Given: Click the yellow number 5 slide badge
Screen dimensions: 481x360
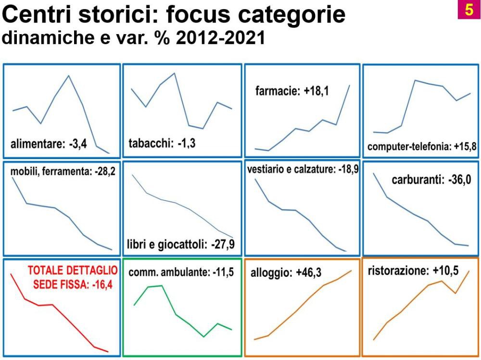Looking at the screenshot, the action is click(468, 10).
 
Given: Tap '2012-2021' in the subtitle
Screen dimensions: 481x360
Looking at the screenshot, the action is click(220, 37).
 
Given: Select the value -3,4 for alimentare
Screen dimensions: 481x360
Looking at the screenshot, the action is click(78, 144).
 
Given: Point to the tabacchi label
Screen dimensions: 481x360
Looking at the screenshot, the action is click(150, 143).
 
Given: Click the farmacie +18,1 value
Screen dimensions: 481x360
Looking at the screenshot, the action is click(316, 91).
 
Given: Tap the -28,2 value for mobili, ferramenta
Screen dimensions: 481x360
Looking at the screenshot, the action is click(105, 171).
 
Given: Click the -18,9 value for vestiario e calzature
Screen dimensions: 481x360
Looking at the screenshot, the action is click(348, 169).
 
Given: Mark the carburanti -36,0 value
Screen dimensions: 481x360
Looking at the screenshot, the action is click(459, 180).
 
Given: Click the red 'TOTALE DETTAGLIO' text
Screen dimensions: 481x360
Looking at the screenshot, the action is click(73, 270).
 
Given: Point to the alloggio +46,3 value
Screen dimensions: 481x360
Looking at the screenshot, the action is click(309, 273).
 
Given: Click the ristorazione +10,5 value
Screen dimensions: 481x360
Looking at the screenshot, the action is click(446, 271).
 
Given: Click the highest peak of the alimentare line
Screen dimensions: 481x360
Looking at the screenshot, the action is click(68, 76).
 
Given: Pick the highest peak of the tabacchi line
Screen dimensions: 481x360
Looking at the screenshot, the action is click(174, 73).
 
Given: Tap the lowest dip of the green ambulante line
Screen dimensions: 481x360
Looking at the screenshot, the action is click(203, 337).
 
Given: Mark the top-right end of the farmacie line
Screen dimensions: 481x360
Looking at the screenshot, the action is click(350, 85).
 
